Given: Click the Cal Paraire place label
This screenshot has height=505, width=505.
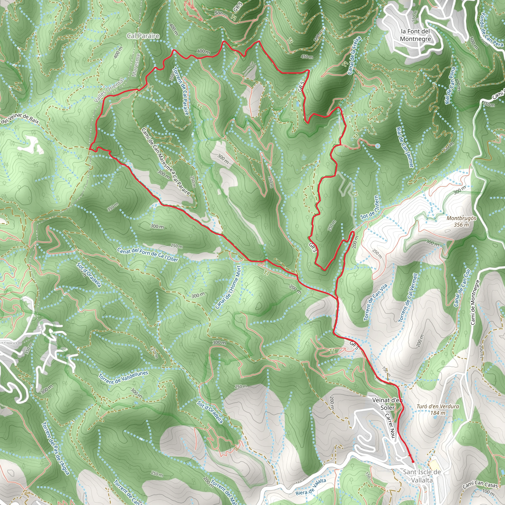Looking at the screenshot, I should pos(143,36).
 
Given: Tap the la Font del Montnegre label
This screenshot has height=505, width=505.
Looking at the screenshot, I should pos(415,35).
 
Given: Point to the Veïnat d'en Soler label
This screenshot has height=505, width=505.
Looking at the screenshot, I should pos(387,404).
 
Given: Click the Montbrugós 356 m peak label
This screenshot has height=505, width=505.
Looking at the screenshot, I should pos(461,221).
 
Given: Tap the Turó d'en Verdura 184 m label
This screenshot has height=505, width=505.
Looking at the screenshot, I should pos(438,410).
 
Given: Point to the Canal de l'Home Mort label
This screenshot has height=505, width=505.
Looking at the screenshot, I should pos(228,288).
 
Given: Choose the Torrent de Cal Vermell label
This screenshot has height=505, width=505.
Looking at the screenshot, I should pos(408,298).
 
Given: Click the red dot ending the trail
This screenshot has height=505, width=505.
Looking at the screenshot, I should pos(413,462).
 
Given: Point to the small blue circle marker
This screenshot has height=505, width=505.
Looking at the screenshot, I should pos(378,146).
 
